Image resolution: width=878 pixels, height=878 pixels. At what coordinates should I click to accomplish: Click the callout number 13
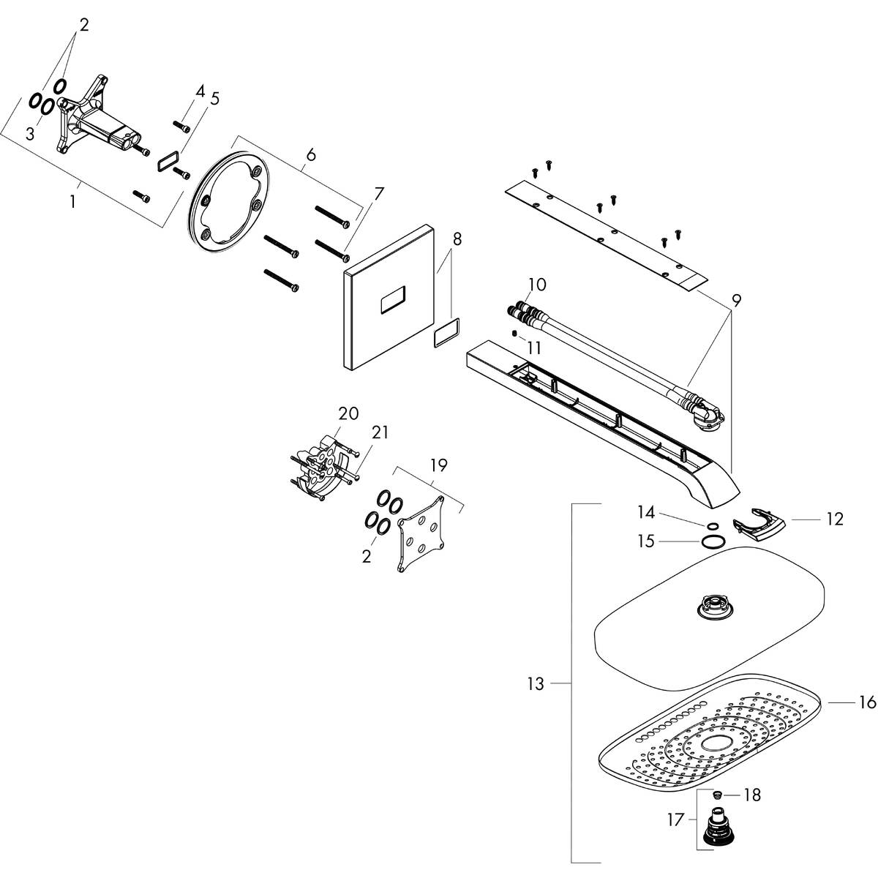(536, 684)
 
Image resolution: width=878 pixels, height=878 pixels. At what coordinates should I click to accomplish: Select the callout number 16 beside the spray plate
(867, 702)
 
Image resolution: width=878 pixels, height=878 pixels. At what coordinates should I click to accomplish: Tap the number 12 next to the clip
(835, 519)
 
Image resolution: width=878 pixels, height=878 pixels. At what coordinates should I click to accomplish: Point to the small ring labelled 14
(710, 525)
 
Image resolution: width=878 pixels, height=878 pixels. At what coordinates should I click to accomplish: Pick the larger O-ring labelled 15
(713, 541)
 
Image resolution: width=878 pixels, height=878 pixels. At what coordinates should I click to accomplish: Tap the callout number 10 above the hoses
(537, 284)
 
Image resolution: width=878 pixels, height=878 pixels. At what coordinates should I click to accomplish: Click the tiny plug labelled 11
(514, 334)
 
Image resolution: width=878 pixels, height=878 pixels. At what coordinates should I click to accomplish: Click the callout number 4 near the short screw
(200, 91)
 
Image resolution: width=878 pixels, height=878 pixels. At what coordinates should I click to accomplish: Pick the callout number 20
(348, 413)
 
